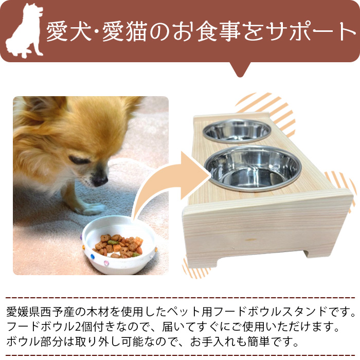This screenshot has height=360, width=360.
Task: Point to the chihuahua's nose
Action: point(101,181)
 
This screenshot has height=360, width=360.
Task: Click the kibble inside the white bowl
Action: point(118,245)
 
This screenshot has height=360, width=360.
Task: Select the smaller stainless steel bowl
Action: point(237,131)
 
